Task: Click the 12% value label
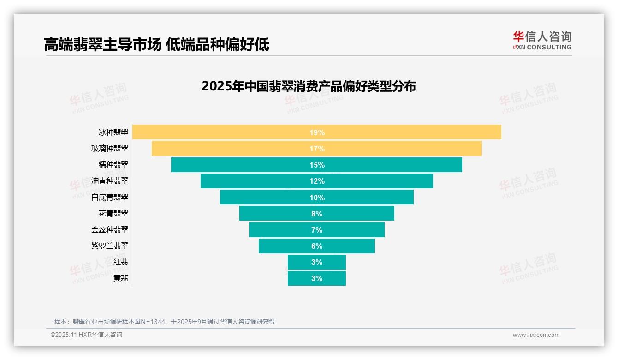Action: pos(317,181)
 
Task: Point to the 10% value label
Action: pos(317,198)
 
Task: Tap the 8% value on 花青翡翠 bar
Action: pos(317,214)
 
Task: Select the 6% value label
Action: pos(317,246)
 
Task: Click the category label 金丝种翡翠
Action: pos(110,229)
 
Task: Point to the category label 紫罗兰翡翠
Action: pos(110,246)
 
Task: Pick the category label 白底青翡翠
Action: pos(110,197)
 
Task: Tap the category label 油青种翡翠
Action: pos(110,180)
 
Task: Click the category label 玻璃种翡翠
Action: pos(110,148)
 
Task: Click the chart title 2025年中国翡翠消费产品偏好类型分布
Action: pos(309,86)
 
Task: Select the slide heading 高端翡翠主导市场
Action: pos(102,45)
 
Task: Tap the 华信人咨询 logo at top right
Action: pos(542,40)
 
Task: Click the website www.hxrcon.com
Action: pos(536,335)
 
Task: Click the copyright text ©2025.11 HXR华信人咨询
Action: pos(86,335)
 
